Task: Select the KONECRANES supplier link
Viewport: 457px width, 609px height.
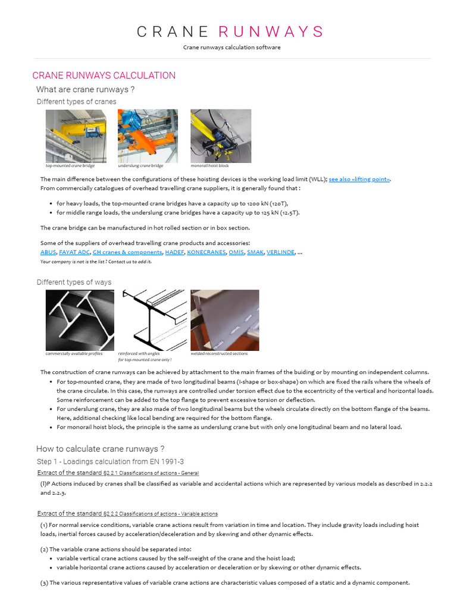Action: (x=206, y=252)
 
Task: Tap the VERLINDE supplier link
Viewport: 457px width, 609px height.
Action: (x=280, y=252)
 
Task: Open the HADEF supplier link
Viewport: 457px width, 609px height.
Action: (x=174, y=252)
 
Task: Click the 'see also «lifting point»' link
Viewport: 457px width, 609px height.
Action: (x=359, y=179)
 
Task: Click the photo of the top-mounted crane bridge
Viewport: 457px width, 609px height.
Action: (x=76, y=136)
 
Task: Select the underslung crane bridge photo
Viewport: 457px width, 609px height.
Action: (x=148, y=136)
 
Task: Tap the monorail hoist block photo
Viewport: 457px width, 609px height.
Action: (x=220, y=136)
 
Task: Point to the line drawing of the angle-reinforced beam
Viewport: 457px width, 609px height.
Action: (x=154, y=320)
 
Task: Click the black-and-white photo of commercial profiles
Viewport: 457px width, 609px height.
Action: (x=80, y=320)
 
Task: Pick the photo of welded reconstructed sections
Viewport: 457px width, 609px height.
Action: (x=224, y=320)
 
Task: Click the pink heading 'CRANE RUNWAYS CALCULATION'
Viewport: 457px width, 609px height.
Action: (x=104, y=76)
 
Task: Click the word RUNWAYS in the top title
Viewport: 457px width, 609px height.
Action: (x=271, y=32)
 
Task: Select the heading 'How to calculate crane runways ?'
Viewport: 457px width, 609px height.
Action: (x=100, y=449)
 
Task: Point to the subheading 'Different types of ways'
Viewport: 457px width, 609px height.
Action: (x=74, y=282)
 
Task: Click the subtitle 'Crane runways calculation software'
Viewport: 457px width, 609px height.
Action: (x=231, y=48)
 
